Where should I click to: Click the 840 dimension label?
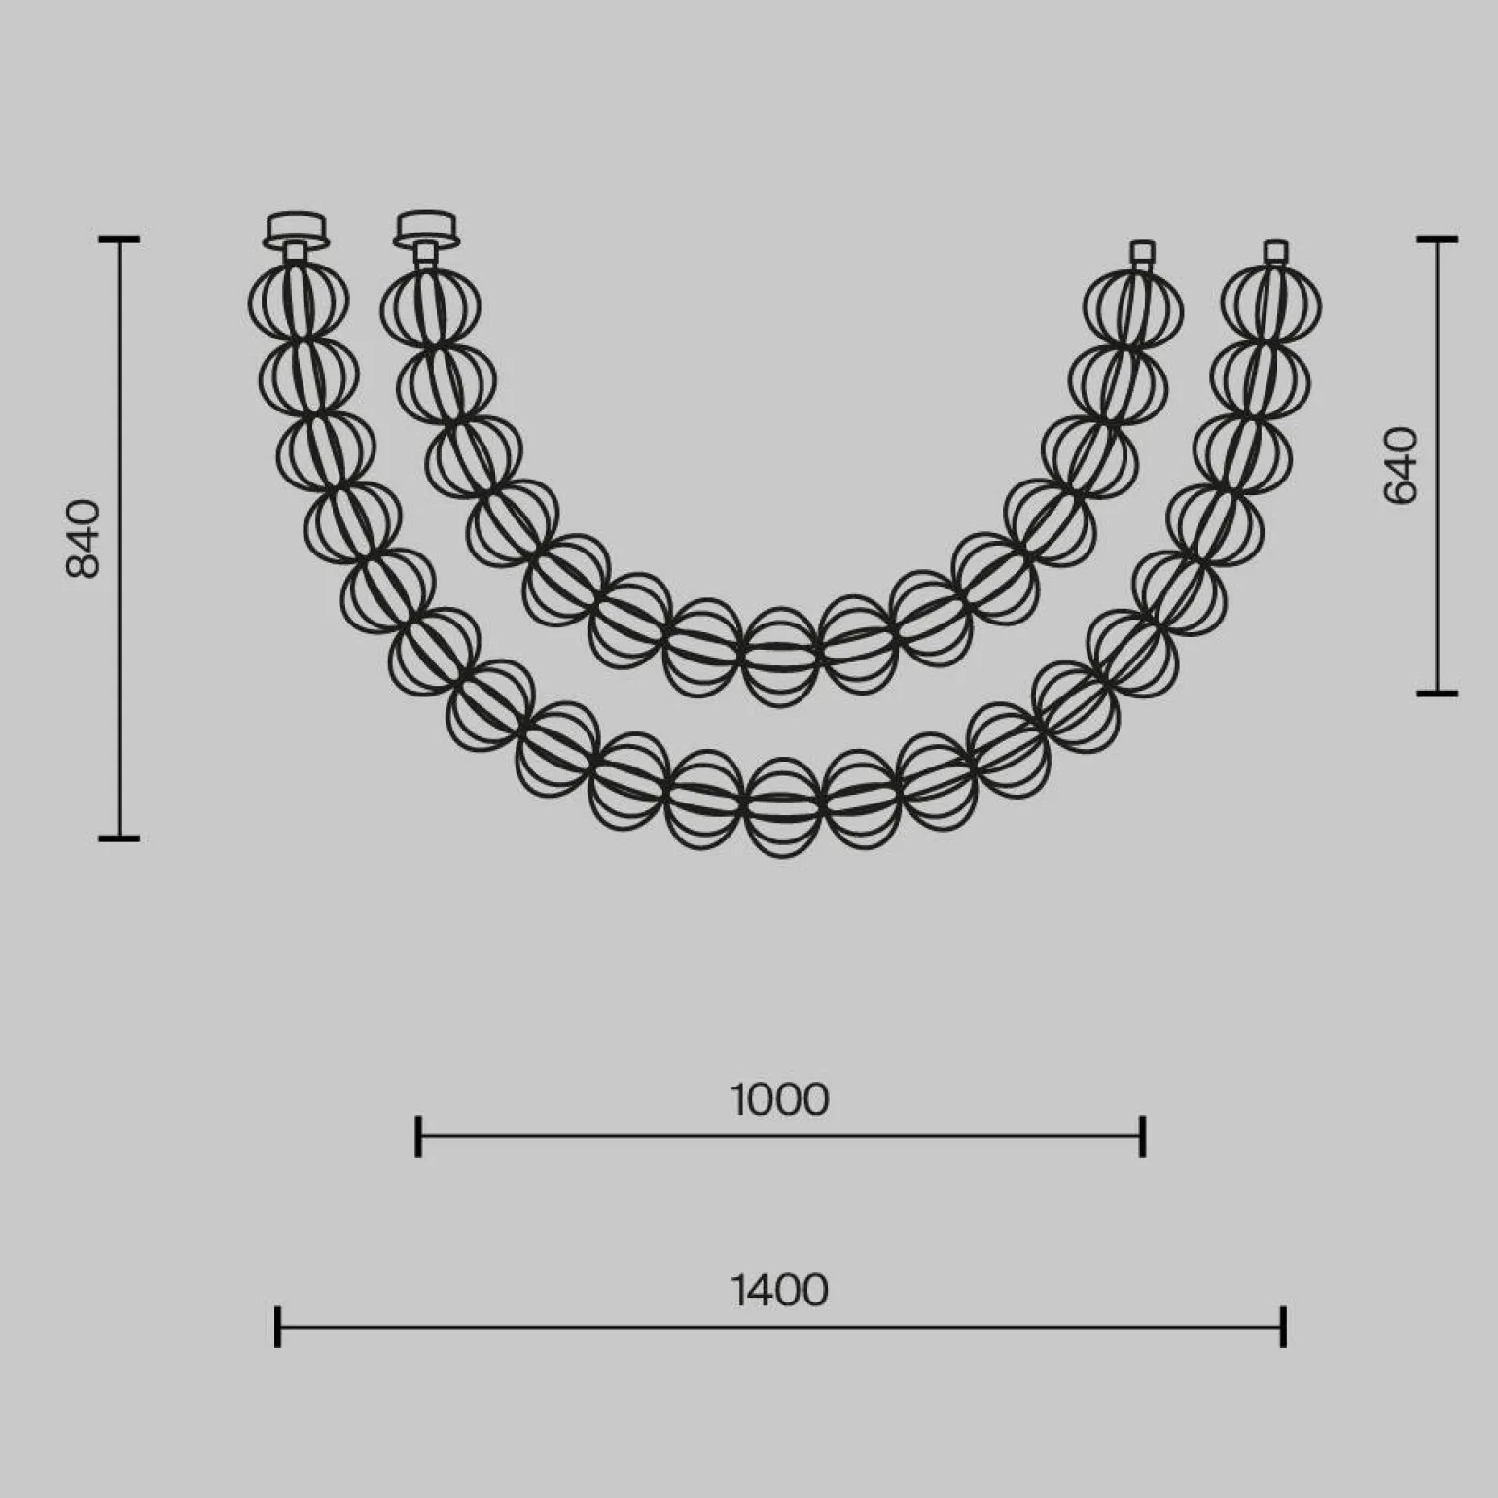coord(84,538)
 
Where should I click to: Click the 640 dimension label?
coord(1401,465)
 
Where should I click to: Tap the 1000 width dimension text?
coord(779,1100)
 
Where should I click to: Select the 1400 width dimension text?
coord(779,1291)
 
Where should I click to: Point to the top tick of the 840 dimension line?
coord(120,239)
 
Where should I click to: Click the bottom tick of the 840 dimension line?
coord(120,838)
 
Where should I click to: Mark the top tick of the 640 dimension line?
coord(1437,239)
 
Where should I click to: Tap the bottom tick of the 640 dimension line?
coord(1437,694)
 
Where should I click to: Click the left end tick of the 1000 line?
coord(418,1136)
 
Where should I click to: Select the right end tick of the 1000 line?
coord(1143,1136)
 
